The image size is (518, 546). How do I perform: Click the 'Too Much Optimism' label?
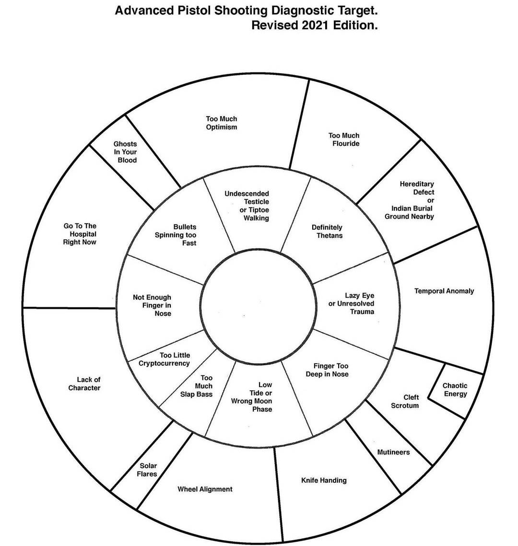(x=222, y=123)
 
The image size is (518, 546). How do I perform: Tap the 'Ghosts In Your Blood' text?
(x=126, y=152)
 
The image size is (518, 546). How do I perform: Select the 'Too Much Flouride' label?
(x=344, y=139)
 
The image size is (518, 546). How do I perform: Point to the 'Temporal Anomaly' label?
(x=444, y=291)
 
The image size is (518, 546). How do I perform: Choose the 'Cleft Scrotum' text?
(x=405, y=401)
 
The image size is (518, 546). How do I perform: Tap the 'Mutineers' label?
(x=393, y=452)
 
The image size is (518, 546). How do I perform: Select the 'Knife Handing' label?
(x=324, y=480)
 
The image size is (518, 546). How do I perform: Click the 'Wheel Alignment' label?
(x=205, y=489)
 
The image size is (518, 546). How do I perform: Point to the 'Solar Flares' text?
(x=148, y=470)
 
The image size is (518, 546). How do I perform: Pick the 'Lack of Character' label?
(x=84, y=383)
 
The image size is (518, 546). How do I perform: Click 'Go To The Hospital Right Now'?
(x=80, y=234)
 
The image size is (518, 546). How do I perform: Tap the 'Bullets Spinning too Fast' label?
(x=177, y=235)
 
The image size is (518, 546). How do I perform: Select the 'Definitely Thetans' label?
(x=328, y=232)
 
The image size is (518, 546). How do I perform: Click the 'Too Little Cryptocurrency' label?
(x=165, y=359)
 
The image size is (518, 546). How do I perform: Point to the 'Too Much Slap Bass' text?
(x=197, y=386)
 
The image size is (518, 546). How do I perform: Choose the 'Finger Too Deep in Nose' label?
(x=328, y=370)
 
